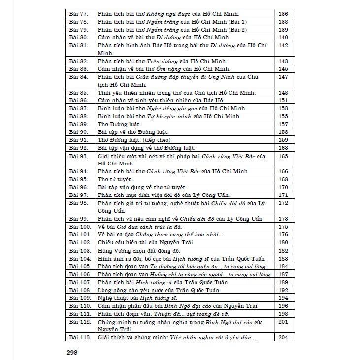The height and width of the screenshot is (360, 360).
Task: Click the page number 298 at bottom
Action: pos(72,352)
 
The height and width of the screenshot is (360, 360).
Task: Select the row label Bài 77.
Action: pos(78,14)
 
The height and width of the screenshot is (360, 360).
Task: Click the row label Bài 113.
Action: pos(79,337)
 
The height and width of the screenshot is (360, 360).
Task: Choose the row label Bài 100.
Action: pos(79,227)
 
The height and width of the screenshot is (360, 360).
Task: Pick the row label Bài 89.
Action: pos(78,124)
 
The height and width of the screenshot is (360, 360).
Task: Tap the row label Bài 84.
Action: pos(78,77)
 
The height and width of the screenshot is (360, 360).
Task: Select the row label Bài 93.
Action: pos(78,156)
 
